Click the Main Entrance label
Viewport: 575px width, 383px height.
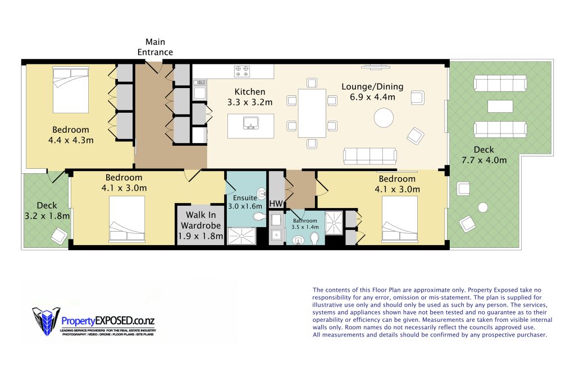(155, 47)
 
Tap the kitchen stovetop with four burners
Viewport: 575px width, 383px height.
(242, 71)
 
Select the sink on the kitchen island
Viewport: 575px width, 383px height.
(251, 123)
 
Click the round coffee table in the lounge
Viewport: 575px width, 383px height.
(384, 118)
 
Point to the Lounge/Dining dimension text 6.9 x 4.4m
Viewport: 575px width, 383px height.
(373, 97)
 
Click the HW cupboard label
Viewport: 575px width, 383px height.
(276, 203)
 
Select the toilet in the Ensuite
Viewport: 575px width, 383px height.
(259, 216)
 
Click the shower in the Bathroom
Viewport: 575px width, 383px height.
(334, 222)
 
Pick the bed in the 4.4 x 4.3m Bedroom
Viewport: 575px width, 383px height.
(71, 90)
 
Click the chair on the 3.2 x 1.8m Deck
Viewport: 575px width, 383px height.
(59, 236)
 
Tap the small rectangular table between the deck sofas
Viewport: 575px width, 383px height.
(500, 106)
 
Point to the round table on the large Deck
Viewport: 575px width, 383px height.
(483, 207)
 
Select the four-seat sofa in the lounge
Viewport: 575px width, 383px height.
(369, 156)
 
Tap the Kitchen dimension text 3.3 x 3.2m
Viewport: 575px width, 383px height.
(250, 102)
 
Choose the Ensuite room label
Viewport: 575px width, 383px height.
(245, 198)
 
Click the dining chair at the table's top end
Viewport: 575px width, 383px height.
(312, 83)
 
